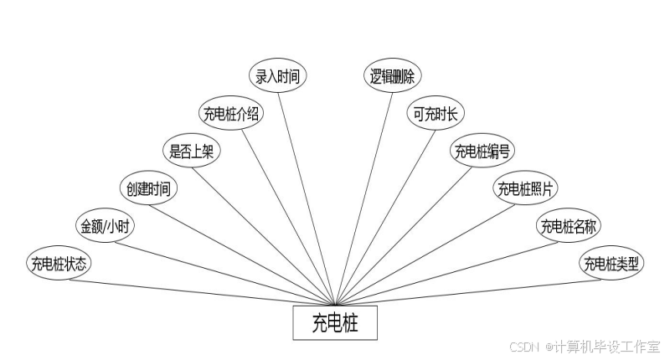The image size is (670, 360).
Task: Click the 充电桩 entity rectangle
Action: [335, 323]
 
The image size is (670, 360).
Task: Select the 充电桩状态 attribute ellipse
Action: [59, 264]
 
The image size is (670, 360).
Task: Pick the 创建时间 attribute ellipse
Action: [148, 188]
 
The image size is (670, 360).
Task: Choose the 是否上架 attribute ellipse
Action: [192, 151]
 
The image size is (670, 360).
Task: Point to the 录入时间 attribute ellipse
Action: [280, 75]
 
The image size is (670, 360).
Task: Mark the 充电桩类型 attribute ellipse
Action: [611, 264]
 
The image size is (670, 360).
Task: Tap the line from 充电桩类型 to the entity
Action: [469, 291]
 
